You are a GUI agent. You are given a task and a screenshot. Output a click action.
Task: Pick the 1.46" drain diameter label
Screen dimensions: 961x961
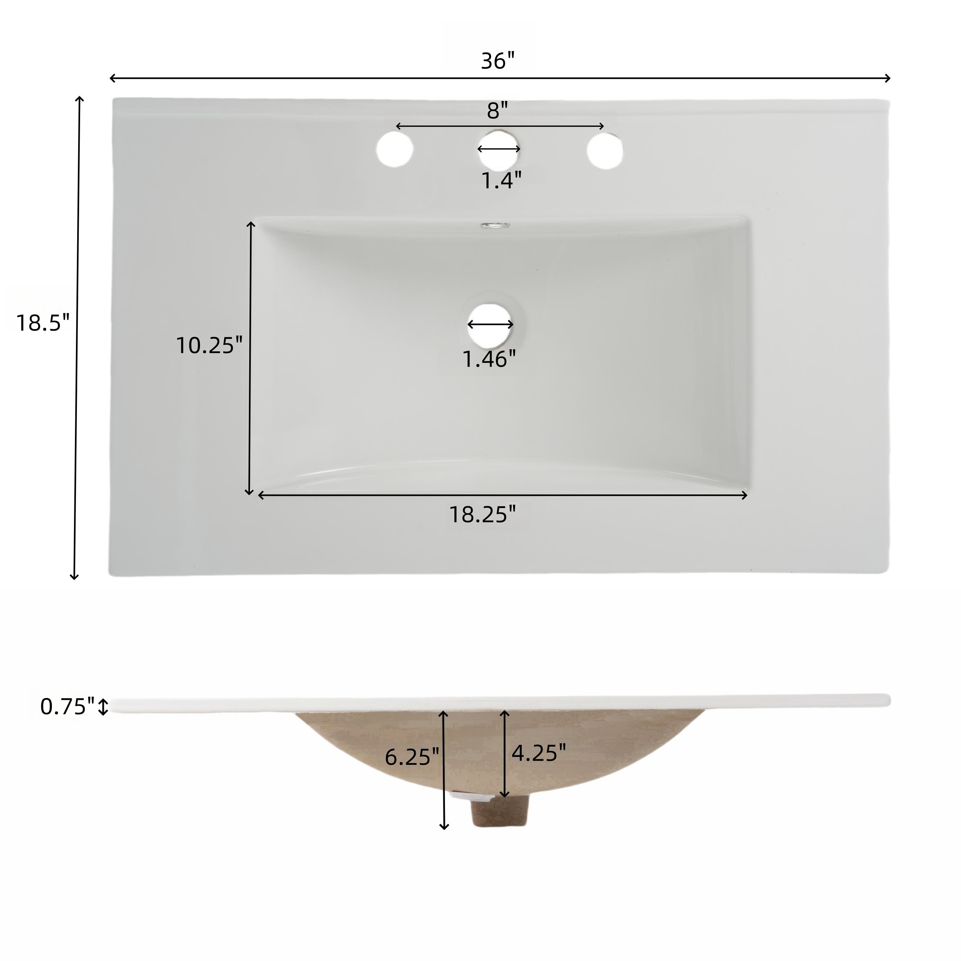489,359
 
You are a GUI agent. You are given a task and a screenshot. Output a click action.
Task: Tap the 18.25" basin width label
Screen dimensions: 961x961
482,514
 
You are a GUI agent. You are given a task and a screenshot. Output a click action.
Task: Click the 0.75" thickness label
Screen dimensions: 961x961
67,706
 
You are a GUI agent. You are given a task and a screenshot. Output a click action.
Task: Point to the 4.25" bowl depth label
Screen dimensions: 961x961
539,753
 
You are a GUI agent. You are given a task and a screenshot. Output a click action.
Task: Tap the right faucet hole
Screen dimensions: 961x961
605,150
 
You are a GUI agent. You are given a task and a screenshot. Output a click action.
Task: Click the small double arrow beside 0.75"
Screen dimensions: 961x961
103,706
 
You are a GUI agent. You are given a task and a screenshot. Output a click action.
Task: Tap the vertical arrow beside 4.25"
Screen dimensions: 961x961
505,753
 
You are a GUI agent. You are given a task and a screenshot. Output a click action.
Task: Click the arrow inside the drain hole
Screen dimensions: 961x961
490,324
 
